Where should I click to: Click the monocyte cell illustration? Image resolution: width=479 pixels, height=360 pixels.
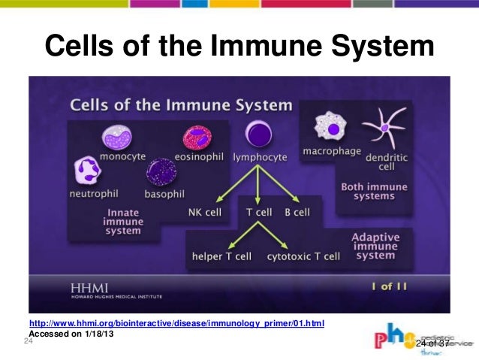pyautogui.click(x=119, y=137)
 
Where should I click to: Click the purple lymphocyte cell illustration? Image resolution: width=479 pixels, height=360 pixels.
pyautogui.click(x=259, y=135)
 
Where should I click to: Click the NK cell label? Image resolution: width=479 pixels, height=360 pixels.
pyautogui.click(x=205, y=212)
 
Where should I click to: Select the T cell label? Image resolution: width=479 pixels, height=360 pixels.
pyautogui.click(x=259, y=212)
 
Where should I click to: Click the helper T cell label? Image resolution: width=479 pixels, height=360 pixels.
pyautogui.click(x=221, y=256)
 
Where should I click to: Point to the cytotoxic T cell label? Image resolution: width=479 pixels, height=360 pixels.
pyautogui.click(x=303, y=256)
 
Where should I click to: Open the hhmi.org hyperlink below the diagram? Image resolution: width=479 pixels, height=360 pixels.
pyautogui.click(x=176, y=324)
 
